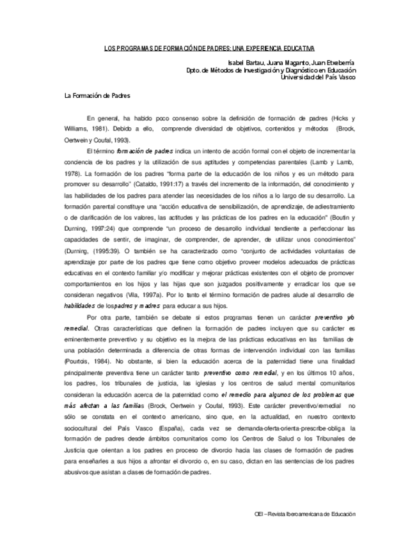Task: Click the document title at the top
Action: pos(209,49)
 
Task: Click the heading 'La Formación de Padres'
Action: pos(98,96)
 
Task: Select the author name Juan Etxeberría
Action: pos(334,63)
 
